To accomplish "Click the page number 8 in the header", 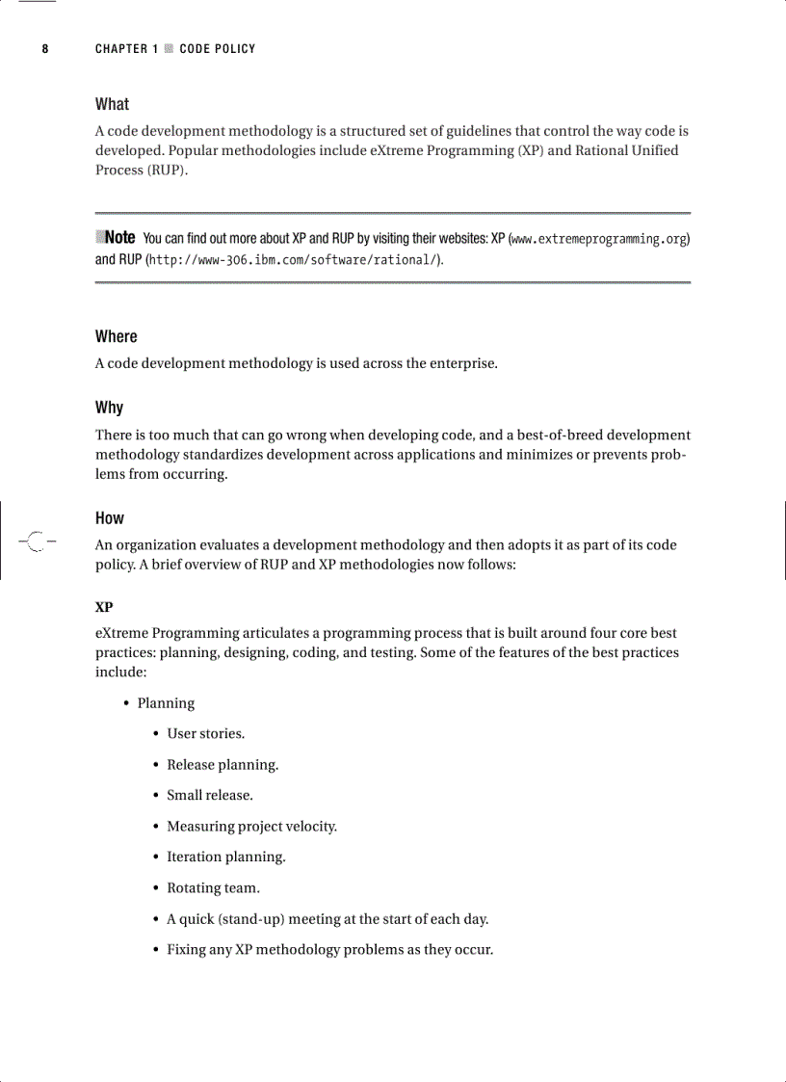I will (45, 49).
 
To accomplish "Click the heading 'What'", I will (112, 104).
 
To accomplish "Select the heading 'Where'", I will (117, 336).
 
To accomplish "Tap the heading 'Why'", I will (109, 408).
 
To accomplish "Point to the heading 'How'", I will (110, 518).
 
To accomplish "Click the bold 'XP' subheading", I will (104, 608).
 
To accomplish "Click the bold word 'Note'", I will (119, 237).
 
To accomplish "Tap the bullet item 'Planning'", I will (166, 703).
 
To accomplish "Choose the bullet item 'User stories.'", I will (205, 734).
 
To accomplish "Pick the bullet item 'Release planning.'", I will (223, 765).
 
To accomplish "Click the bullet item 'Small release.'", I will (210, 796).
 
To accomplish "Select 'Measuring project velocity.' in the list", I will (251, 827).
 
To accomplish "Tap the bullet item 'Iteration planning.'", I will (226, 858).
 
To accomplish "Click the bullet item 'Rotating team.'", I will (213, 888).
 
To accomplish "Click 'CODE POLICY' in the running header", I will (218, 49).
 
